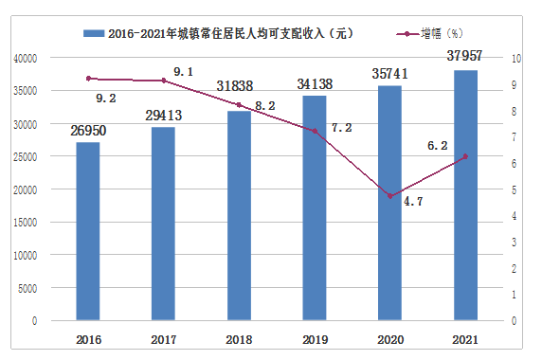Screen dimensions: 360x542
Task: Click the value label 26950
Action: click(x=88, y=128)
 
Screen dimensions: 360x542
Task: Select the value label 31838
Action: click(x=240, y=86)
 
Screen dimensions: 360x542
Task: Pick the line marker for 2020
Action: click(x=391, y=196)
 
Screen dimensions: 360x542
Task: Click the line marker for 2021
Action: click(x=466, y=157)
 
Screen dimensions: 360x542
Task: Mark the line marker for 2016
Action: click(x=88, y=79)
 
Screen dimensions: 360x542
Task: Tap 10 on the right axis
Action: click(x=515, y=58)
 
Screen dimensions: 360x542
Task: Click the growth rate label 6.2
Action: click(x=437, y=146)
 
